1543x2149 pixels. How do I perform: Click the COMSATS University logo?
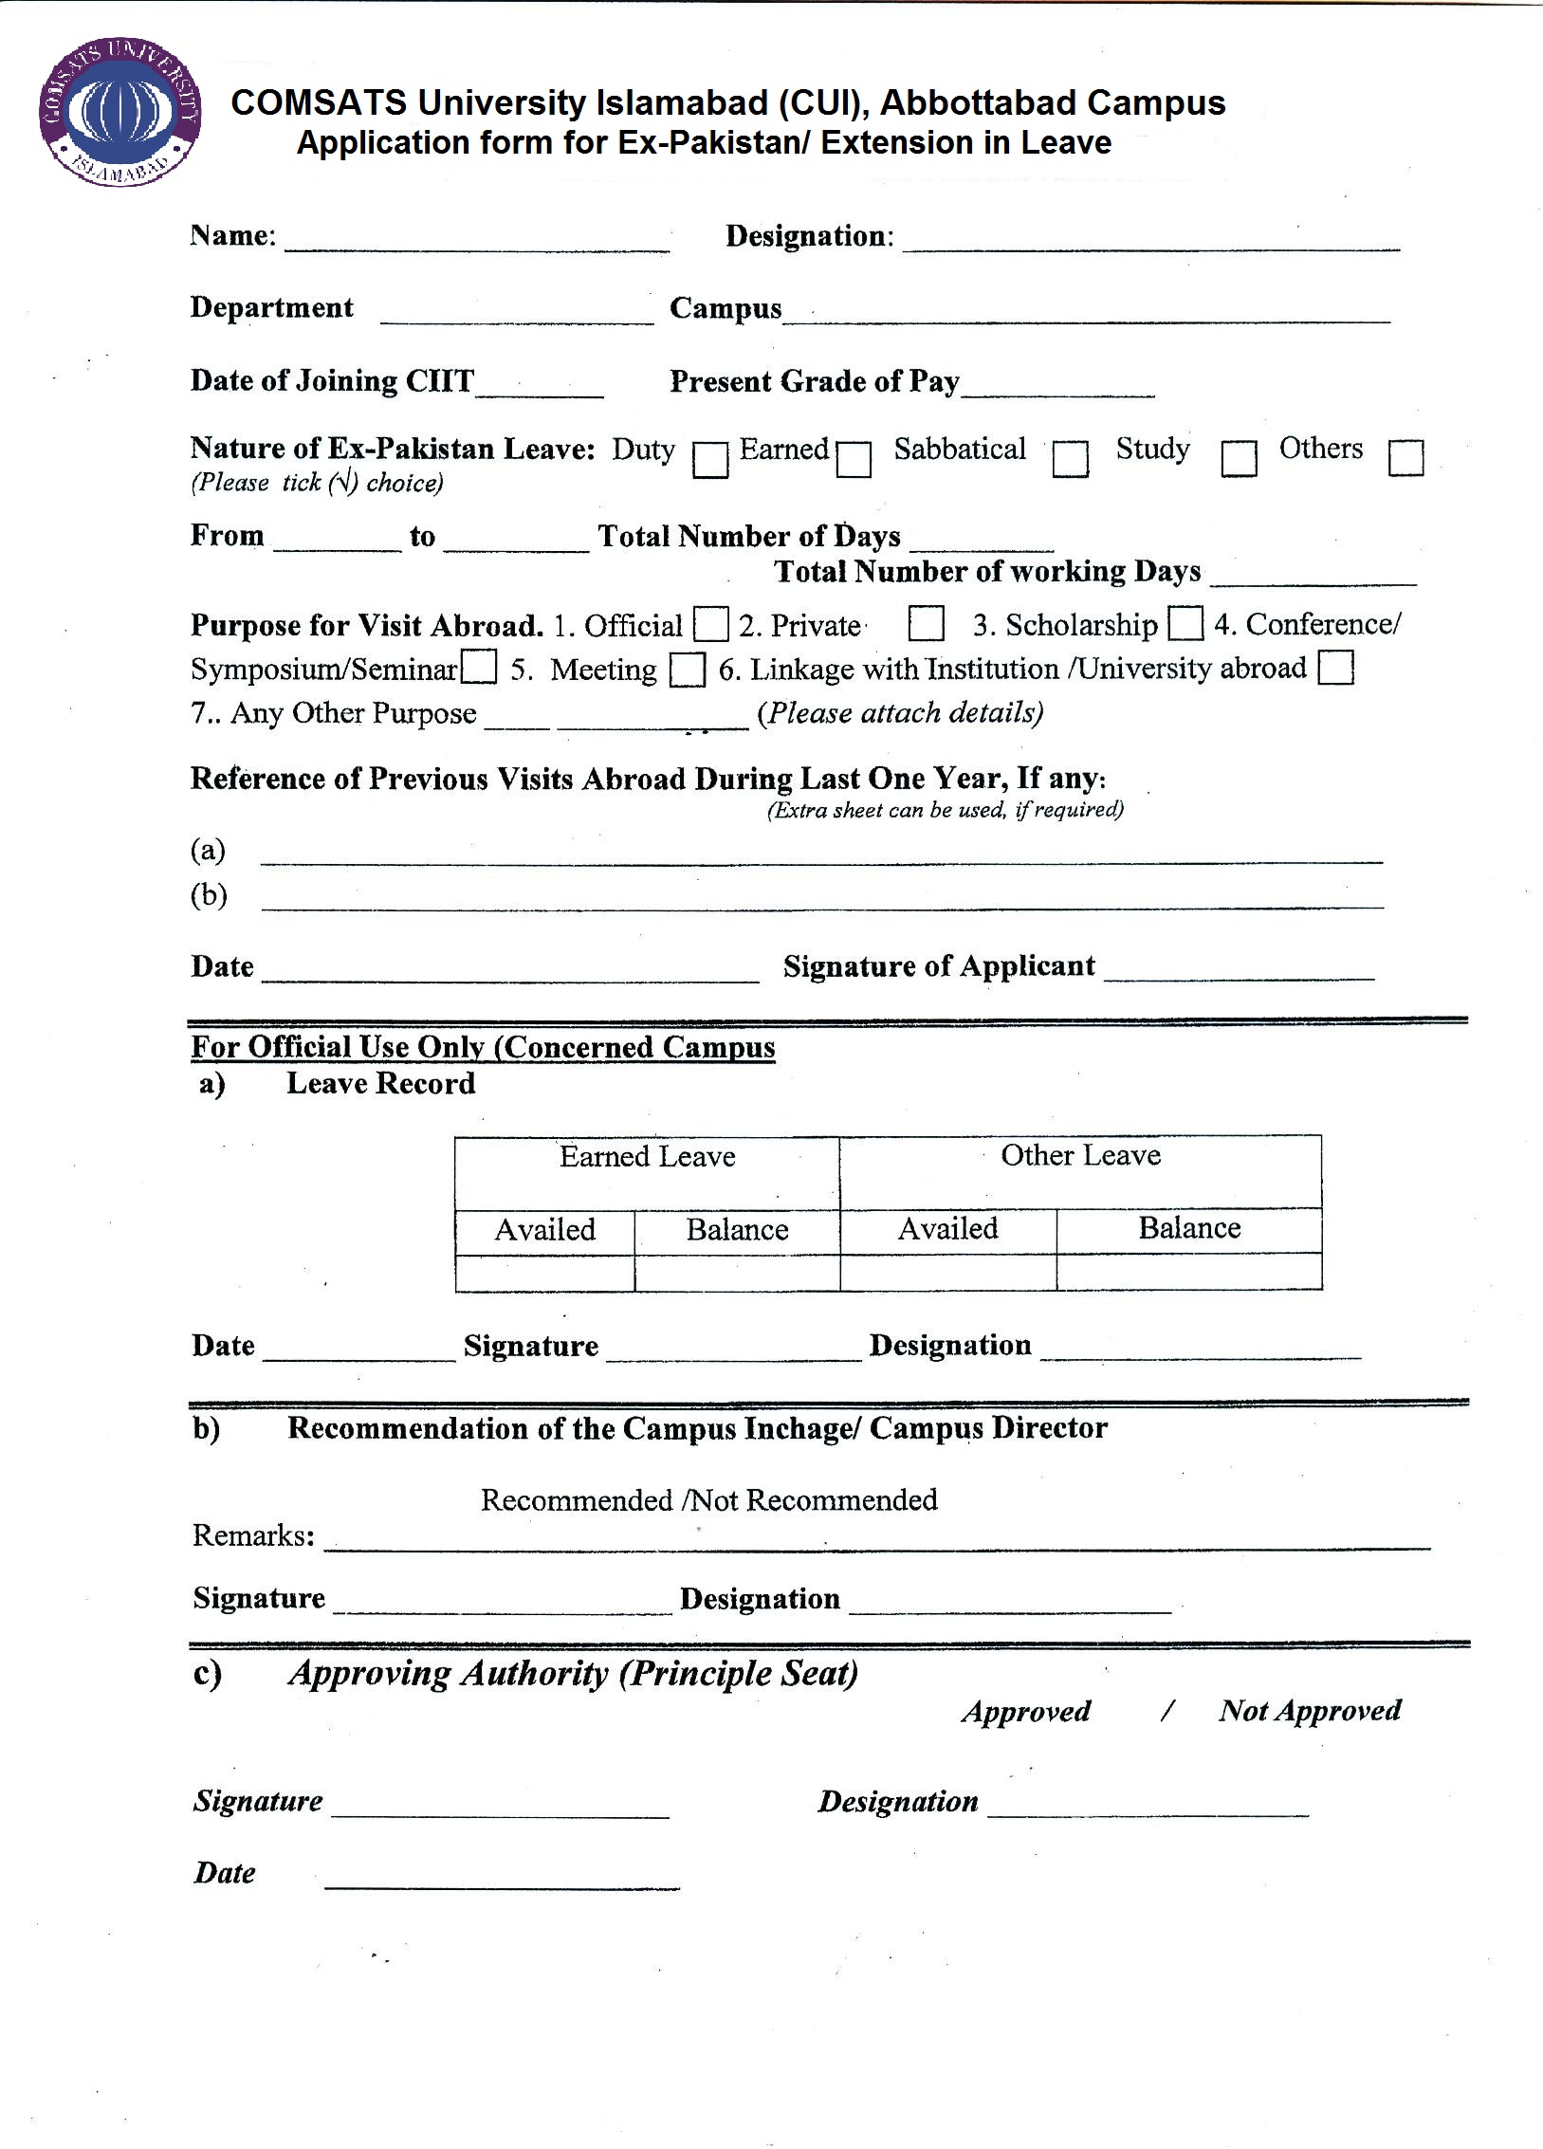(x=120, y=113)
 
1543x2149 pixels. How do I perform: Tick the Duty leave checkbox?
(x=710, y=460)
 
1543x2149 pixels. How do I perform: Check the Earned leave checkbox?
(x=854, y=460)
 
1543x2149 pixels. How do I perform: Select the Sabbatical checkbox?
(x=1071, y=459)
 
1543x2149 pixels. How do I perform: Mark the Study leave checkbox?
(x=1239, y=459)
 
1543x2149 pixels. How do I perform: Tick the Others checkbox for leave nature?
(x=1405, y=457)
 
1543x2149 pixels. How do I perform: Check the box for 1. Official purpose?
(x=711, y=624)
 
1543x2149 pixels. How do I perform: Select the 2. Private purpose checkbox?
(x=926, y=623)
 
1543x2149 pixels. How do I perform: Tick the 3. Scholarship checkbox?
(x=1185, y=623)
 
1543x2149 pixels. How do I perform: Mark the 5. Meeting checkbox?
(x=688, y=669)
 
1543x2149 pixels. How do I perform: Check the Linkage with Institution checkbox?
(x=1335, y=667)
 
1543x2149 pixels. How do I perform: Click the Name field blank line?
(x=477, y=242)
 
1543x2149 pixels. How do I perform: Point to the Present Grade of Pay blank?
(x=1057, y=387)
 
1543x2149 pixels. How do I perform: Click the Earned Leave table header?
(x=647, y=1157)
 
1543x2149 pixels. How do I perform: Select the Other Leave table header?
(x=1080, y=1156)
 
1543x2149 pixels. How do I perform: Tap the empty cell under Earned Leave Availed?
(x=544, y=1272)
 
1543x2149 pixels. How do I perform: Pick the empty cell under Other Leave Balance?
(x=1189, y=1272)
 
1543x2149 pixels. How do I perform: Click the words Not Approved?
(x=1310, y=1711)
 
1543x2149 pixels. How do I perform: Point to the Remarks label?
(x=253, y=1535)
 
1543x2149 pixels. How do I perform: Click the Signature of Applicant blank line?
(x=1239, y=971)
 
